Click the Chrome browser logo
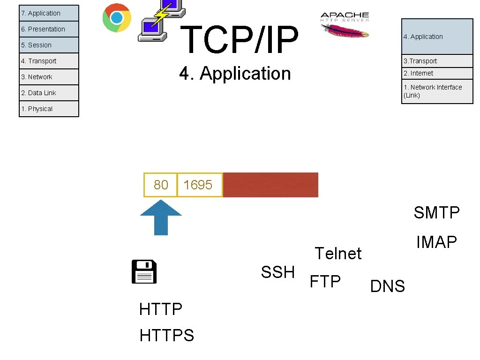pos(117,18)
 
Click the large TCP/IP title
pos(239,40)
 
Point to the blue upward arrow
pos(161,217)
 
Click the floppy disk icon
pos(144,272)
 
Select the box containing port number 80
pos(160,185)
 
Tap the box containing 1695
pos(198,185)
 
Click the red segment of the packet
pos(270,185)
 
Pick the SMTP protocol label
pos(436,213)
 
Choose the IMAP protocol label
pos(436,242)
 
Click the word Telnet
pos(338,254)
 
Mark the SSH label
pos(278,272)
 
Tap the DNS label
pos(388,286)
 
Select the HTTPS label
pos(167,335)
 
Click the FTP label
pos(325,281)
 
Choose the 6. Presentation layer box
pos(49,29)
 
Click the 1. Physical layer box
pos(49,109)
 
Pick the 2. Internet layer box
pos(437,73)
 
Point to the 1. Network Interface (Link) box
pos(437,91)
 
